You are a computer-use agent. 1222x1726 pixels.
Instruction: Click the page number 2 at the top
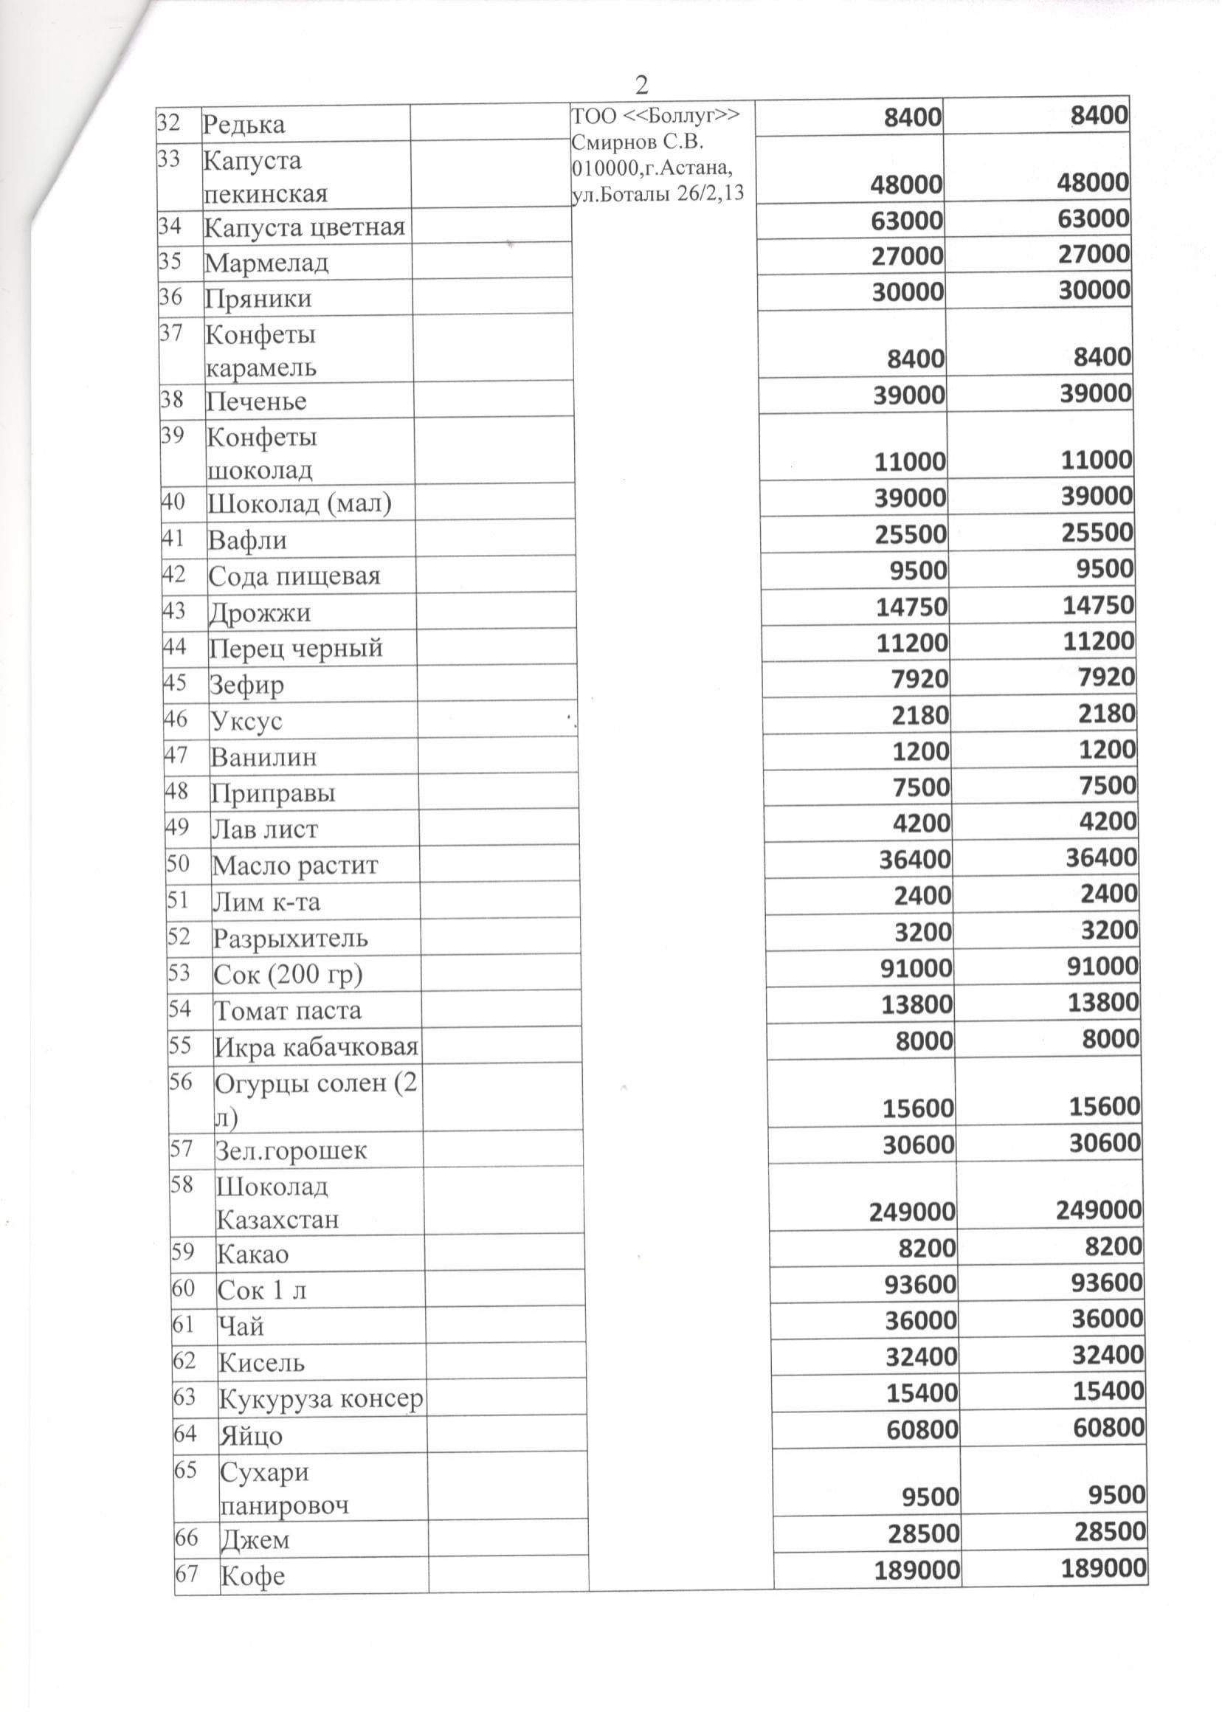click(641, 85)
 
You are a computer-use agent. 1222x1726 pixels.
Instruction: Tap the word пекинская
click(266, 194)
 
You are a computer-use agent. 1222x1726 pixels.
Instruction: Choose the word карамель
click(261, 368)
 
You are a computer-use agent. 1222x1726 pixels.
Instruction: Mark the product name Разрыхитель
click(291, 939)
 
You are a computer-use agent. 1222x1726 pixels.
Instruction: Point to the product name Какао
click(253, 1255)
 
